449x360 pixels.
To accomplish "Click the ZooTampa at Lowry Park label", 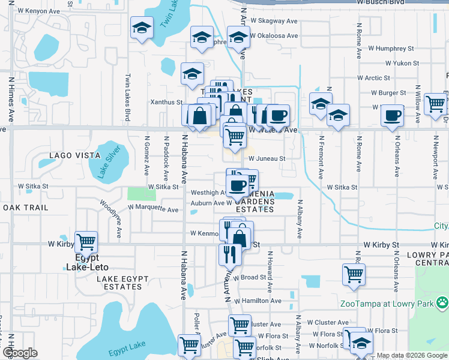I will point(386,304).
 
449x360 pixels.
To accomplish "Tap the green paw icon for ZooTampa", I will point(442,303).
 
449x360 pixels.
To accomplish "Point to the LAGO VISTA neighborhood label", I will point(75,155).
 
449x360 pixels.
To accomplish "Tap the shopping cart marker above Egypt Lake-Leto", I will point(86,242).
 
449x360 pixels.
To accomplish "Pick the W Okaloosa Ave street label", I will point(274,35).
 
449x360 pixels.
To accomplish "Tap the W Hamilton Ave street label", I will point(258,301).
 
